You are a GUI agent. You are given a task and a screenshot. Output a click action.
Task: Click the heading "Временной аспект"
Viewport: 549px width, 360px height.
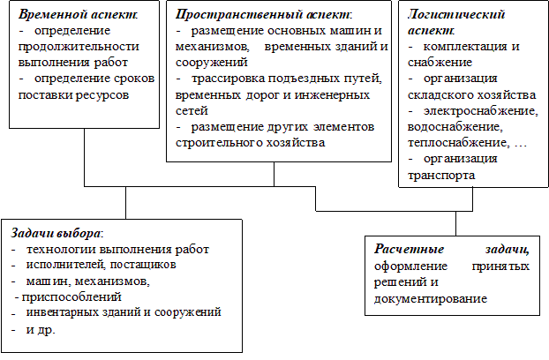(x=77, y=14)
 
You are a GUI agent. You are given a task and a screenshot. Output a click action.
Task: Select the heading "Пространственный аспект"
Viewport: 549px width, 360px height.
(x=263, y=14)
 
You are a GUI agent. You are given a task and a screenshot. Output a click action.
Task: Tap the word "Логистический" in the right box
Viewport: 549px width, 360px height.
(x=456, y=14)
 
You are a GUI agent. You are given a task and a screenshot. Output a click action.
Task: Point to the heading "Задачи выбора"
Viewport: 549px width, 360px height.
(x=56, y=233)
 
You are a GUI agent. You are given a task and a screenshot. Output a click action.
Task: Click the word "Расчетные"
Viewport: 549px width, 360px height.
(x=409, y=249)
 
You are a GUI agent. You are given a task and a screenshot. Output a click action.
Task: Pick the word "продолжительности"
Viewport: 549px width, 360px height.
(x=79, y=47)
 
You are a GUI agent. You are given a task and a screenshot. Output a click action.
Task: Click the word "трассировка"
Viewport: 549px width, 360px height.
(x=229, y=79)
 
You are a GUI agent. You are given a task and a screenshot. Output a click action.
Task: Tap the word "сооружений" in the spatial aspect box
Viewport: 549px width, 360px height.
(x=212, y=63)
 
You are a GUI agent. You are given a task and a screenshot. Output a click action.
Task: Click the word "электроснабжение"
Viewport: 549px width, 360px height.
(x=481, y=111)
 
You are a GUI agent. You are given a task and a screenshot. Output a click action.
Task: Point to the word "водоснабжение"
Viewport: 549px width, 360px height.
(x=455, y=127)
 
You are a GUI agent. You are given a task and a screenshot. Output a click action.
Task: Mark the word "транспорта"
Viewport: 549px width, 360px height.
(x=441, y=175)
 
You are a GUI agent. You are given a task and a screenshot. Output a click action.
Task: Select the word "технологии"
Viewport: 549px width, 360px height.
(x=61, y=250)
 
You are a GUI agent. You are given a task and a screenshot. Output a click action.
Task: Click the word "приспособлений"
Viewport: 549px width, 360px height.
(x=71, y=297)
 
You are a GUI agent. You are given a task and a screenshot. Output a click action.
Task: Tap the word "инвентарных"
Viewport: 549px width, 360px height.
(x=63, y=312)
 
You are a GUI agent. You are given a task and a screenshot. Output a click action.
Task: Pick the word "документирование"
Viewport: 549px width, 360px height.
(x=431, y=299)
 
